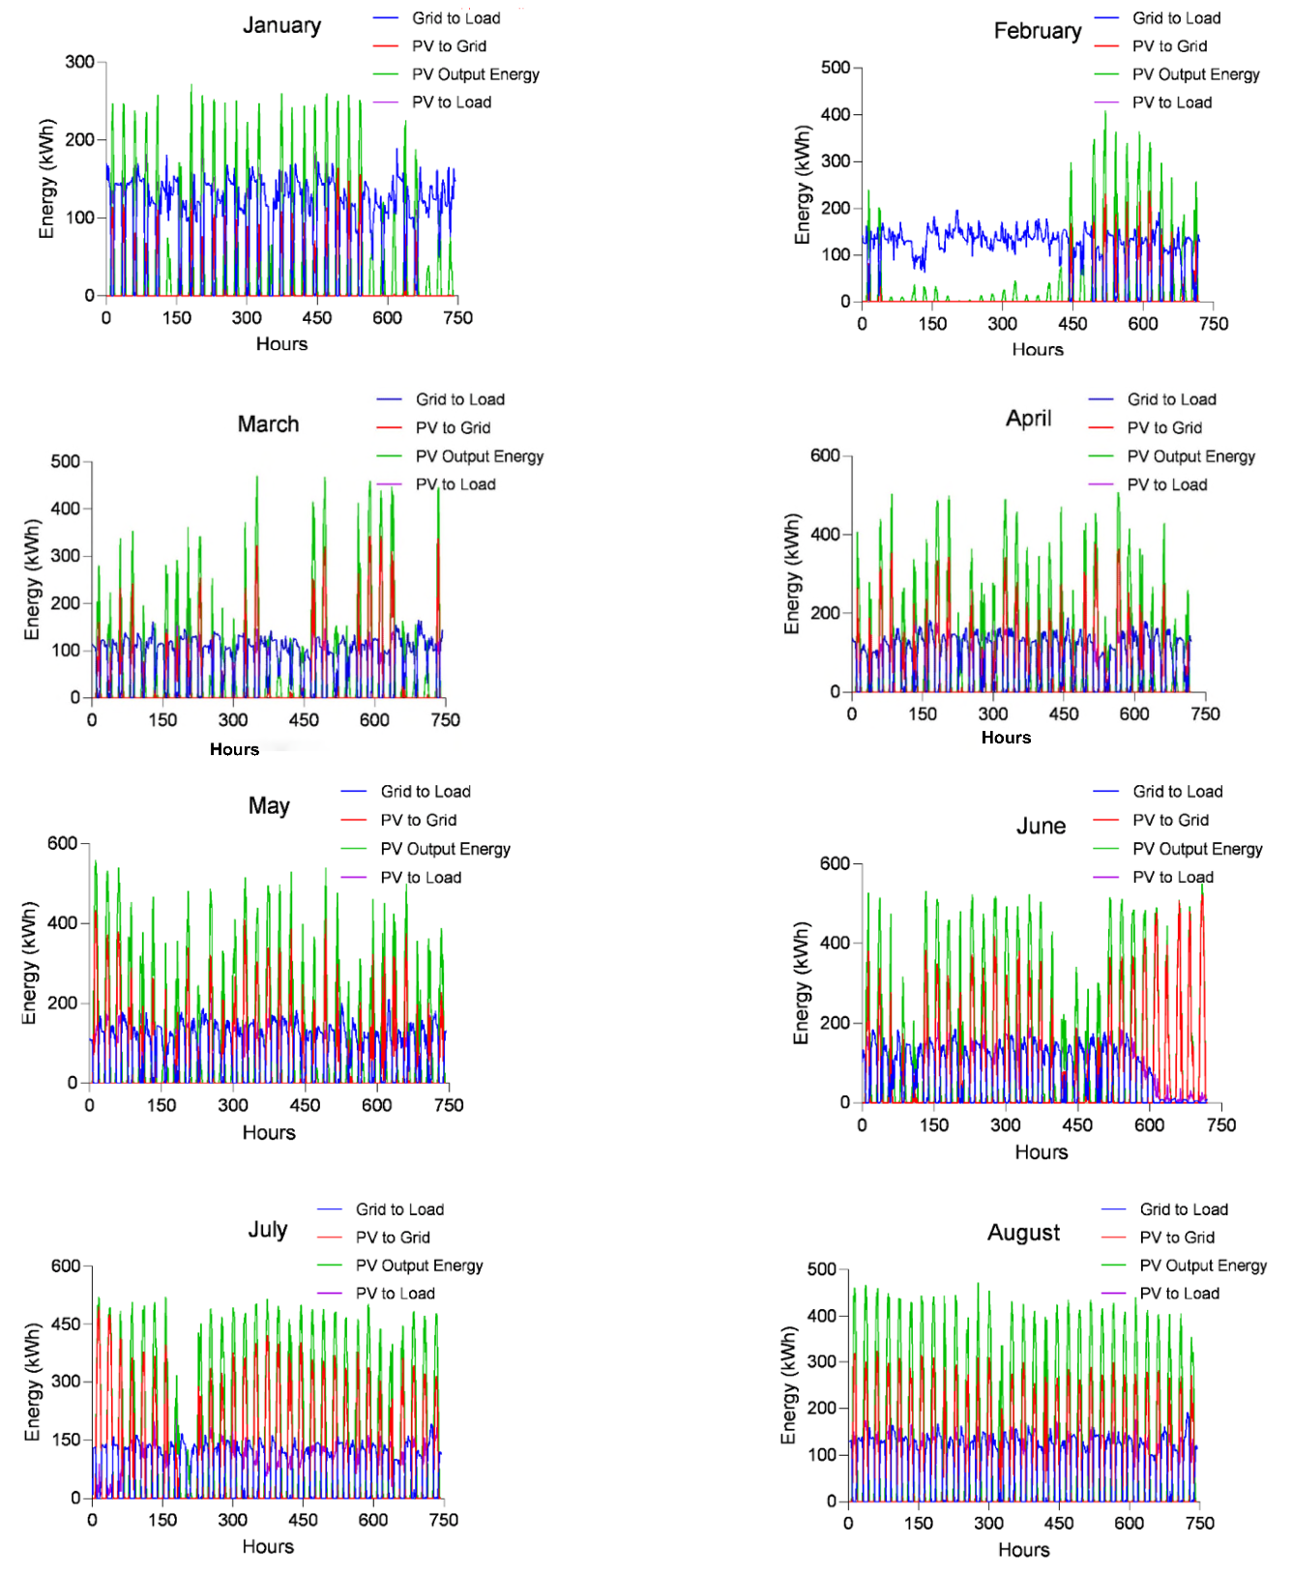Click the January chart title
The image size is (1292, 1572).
pyautogui.click(x=281, y=25)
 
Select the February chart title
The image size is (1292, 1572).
pyautogui.click(x=1038, y=31)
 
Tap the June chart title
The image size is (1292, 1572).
pyautogui.click(x=1041, y=826)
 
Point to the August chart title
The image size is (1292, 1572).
pyautogui.click(x=1023, y=1233)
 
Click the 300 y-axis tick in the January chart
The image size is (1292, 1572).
pyautogui.click(x=79, y=62)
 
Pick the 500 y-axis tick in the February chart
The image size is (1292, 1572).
pyautogui.click(x=836, y=68)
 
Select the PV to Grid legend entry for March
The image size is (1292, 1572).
pyautogui.click(x=453, y=427)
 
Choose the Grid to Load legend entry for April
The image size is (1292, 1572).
pyautogui.click(x=1171, y=399)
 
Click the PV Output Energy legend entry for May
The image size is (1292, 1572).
pyautogui.click(x=445, y=849)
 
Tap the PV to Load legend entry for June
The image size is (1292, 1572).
pyautogui.click(x=1173, y=877)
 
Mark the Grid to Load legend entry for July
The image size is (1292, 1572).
pyautogui.click(x=399, y=1209)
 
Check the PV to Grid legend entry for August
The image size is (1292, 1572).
pyautogui.click(x=1177, y=1237)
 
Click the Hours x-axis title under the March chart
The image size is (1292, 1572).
pyautogui.click(x=234, y=749)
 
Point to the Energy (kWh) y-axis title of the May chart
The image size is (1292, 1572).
pyautogui.click(x=29, y=963)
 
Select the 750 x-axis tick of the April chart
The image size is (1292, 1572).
pyautogui.click(x=1205, y=714)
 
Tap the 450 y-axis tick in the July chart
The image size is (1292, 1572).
pyautogui.click(x=66, y=1324)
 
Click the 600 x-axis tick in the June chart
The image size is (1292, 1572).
pyautogui.click(x=1149, y=1125)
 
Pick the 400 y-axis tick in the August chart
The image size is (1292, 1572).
pyautogui.click(x=822, y=1316)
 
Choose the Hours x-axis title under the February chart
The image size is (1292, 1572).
pyautogui.click(x=1038, y=349)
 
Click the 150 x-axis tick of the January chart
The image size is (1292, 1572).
pyautogui.click(x=176, y=318)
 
